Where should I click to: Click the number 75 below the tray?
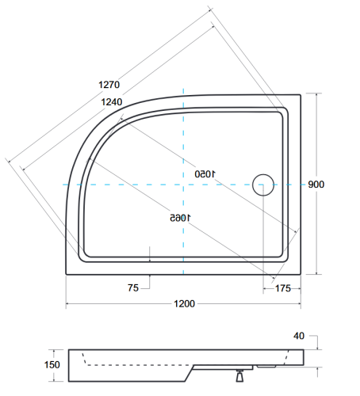132,288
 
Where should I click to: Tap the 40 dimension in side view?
299,336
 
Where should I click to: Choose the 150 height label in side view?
52,364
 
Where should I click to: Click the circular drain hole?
262,185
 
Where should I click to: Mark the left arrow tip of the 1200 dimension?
67,304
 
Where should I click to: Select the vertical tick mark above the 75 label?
150,253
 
